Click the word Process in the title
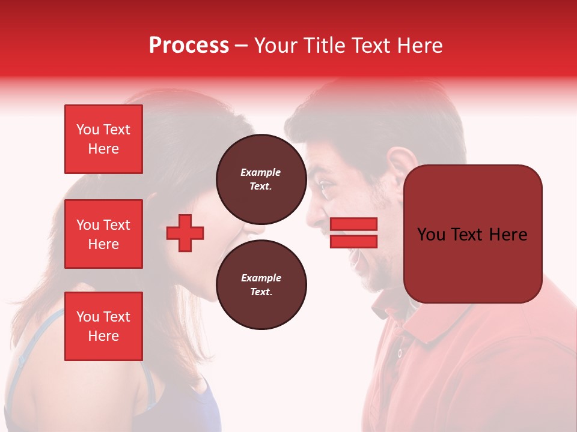pyautogui.click(x=189, y=46)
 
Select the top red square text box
pyautogui.click(x=103, y=139)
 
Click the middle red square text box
pyautogui.click(x=103, y=234)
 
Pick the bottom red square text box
pyautogui.click(x=103, y=326)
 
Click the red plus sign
pyautogui.click(x=185, y=233)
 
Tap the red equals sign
pyautogui.click(x=353, y=233)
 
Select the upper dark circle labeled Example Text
pyautogui.click(x=261, y=179)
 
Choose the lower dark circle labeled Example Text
pyautogui.click(x=261, y=284)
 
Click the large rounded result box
pyautogui.click(x=472, y=234)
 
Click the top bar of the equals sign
pyautogui.click(x=353, y=224)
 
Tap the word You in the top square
pyautogui.click(x=87, y=130)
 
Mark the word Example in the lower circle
pyautogui.click(x=261, y=278)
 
